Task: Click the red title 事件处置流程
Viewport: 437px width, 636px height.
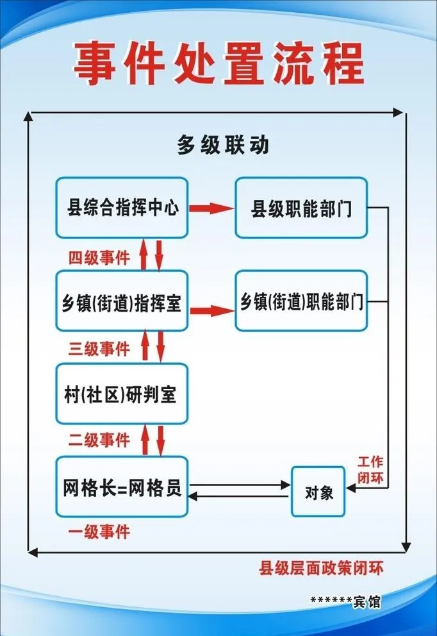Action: pyautogui.click(x=218, y=64)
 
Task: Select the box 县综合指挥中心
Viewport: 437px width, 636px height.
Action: pyautogui.click(x=121, y=208)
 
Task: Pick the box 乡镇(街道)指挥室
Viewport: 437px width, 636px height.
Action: pyautogui.click(x=121, y=301)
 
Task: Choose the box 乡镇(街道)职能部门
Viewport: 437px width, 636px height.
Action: pyautogui.click(x=301, y=301)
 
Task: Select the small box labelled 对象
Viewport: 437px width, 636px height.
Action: pyautogui.click(x=318, y=492)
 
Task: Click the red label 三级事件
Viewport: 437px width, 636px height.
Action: pyautogui.click(x=99, y=349)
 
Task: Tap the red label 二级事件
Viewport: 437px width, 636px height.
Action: pyautogui.click(x=99, y=440)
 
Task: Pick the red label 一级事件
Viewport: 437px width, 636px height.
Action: pyautogui.click(x=99, y=531)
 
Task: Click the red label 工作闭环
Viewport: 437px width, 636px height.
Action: pyautogui.click(x=370, y=468)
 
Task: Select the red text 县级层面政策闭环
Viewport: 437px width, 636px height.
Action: pyautogui.click(x=321, y=568)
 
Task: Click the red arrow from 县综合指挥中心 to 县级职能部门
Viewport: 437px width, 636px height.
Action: pyautogui.click(x=211, y=208)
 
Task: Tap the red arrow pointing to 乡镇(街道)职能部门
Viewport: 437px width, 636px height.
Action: pyautogui.click(x=211, y=310)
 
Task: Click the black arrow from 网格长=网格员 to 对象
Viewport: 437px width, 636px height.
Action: pyautogui.click(x=240, y=485)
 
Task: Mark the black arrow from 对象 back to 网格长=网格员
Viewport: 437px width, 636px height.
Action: pyautogui.click(x=240, y=496)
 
